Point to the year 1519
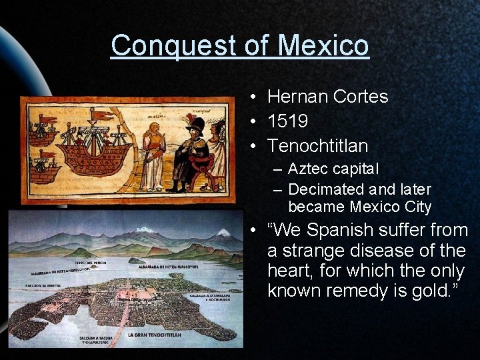pos(287,121)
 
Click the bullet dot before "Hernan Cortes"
pos(255,97)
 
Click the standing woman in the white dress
pos(153,157)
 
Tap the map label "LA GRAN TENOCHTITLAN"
pos(155,335)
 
